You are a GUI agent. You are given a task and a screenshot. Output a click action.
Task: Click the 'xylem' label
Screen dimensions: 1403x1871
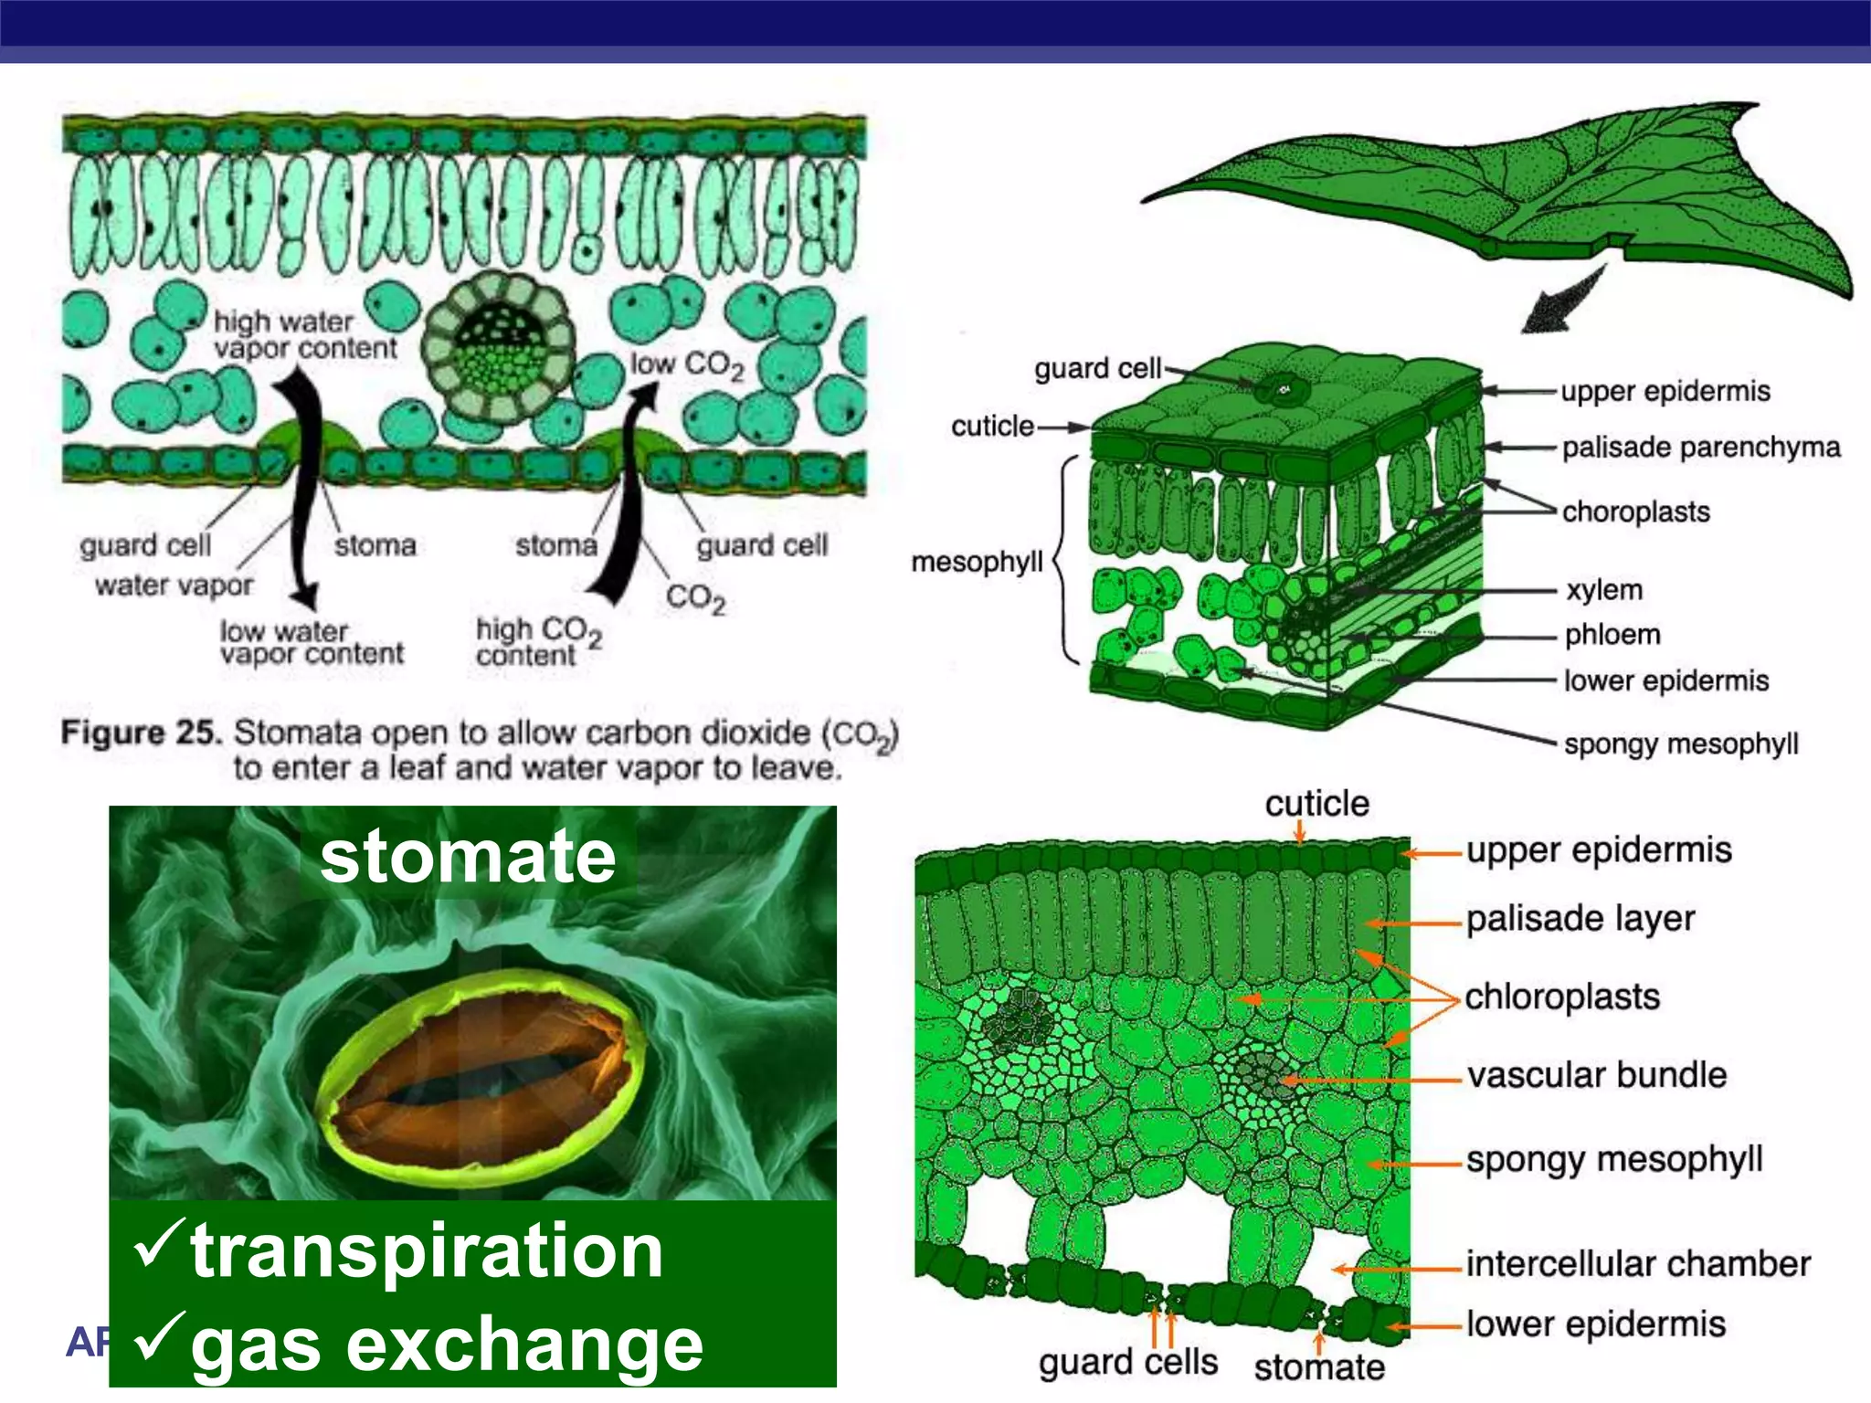point(1604,590)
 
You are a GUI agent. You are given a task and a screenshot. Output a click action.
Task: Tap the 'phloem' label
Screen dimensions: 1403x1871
point(1612,635)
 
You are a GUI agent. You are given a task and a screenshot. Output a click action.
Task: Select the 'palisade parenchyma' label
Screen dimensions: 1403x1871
point(1700,448)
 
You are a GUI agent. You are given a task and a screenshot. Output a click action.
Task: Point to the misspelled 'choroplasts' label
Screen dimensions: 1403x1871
point(1635,512)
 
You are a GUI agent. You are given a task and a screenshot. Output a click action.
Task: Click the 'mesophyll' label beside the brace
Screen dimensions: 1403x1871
point(977,561)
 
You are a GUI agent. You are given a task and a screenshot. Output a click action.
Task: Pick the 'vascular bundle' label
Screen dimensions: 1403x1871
point(1597,1075)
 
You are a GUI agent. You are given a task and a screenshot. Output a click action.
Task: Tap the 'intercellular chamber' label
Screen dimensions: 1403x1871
point(1638,1264)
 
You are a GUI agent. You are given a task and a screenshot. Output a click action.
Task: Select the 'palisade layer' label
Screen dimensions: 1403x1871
point(1580,919)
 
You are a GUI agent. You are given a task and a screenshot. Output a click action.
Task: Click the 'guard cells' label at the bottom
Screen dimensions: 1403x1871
point(1128,1362)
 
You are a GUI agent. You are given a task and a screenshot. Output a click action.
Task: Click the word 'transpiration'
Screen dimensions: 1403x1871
point(426,1251)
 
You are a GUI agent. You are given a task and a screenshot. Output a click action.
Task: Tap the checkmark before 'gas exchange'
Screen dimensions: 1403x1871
point(159,1334)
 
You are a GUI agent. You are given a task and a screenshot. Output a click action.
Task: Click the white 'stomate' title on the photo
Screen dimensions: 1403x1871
point(468,857)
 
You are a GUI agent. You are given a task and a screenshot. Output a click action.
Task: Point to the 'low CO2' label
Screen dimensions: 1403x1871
point(687,364)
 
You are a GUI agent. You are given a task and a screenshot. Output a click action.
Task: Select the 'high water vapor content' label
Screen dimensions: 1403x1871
point(304,335)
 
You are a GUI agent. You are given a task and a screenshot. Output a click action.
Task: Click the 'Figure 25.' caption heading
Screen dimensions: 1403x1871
point(142,733)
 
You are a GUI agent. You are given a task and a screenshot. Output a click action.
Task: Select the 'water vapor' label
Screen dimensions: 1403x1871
point(174,585)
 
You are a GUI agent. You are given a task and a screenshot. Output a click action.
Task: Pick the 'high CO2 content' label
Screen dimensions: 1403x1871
point(537,641)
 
